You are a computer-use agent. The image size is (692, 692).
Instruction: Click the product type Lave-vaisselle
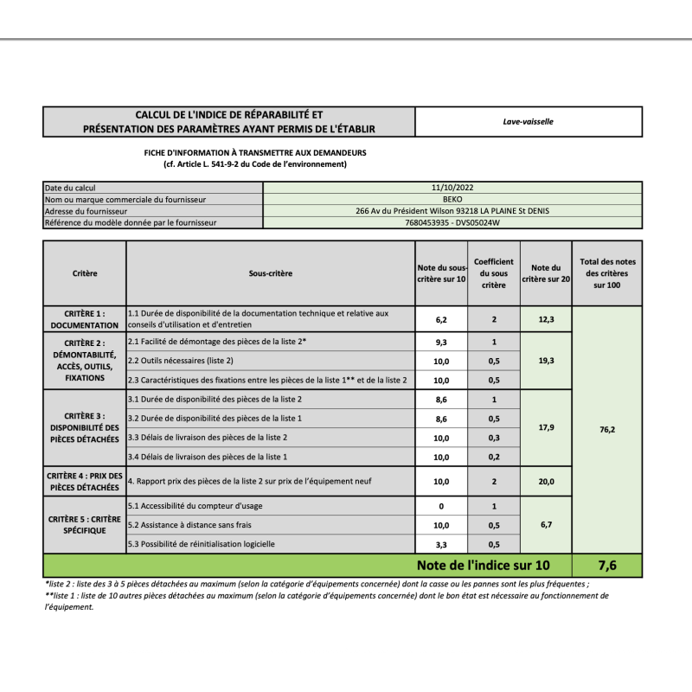528,121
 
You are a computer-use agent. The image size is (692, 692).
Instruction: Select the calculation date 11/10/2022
452,187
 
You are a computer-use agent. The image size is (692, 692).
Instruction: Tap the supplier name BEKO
452,199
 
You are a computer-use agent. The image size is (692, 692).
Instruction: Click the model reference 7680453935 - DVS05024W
452,222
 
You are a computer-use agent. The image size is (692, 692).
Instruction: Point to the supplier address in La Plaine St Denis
452,210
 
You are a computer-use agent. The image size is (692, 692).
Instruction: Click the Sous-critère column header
270,273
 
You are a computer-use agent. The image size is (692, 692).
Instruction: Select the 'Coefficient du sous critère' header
494,273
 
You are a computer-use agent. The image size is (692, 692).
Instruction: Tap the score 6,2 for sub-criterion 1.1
441,319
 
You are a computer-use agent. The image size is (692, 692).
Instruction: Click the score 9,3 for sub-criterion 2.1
441,343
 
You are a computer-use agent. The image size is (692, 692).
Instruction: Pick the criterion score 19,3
546,361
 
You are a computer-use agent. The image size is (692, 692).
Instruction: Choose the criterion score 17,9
546,427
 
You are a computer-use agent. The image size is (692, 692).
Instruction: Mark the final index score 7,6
607,566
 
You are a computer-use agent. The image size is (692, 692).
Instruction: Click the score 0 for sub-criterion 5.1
441,506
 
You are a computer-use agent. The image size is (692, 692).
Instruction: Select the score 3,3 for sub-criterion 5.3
441,544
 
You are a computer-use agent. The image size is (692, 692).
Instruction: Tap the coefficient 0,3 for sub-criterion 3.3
494,438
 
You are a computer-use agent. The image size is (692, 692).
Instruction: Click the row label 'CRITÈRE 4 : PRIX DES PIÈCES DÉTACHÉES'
85,481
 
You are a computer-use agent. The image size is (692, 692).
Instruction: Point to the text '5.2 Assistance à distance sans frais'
189,525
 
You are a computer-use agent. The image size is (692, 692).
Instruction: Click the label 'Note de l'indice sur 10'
482,566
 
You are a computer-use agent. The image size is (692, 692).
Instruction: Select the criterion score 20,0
546,482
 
